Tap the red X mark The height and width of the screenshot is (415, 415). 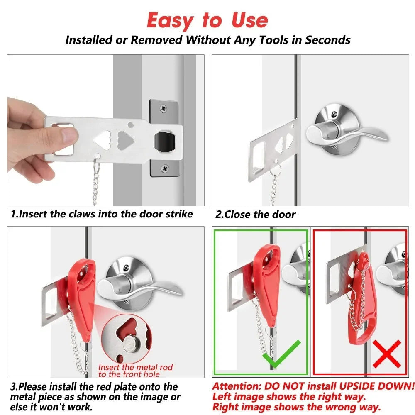387,354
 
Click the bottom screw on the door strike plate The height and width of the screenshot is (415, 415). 165,168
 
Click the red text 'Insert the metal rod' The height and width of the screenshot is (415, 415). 135,367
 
